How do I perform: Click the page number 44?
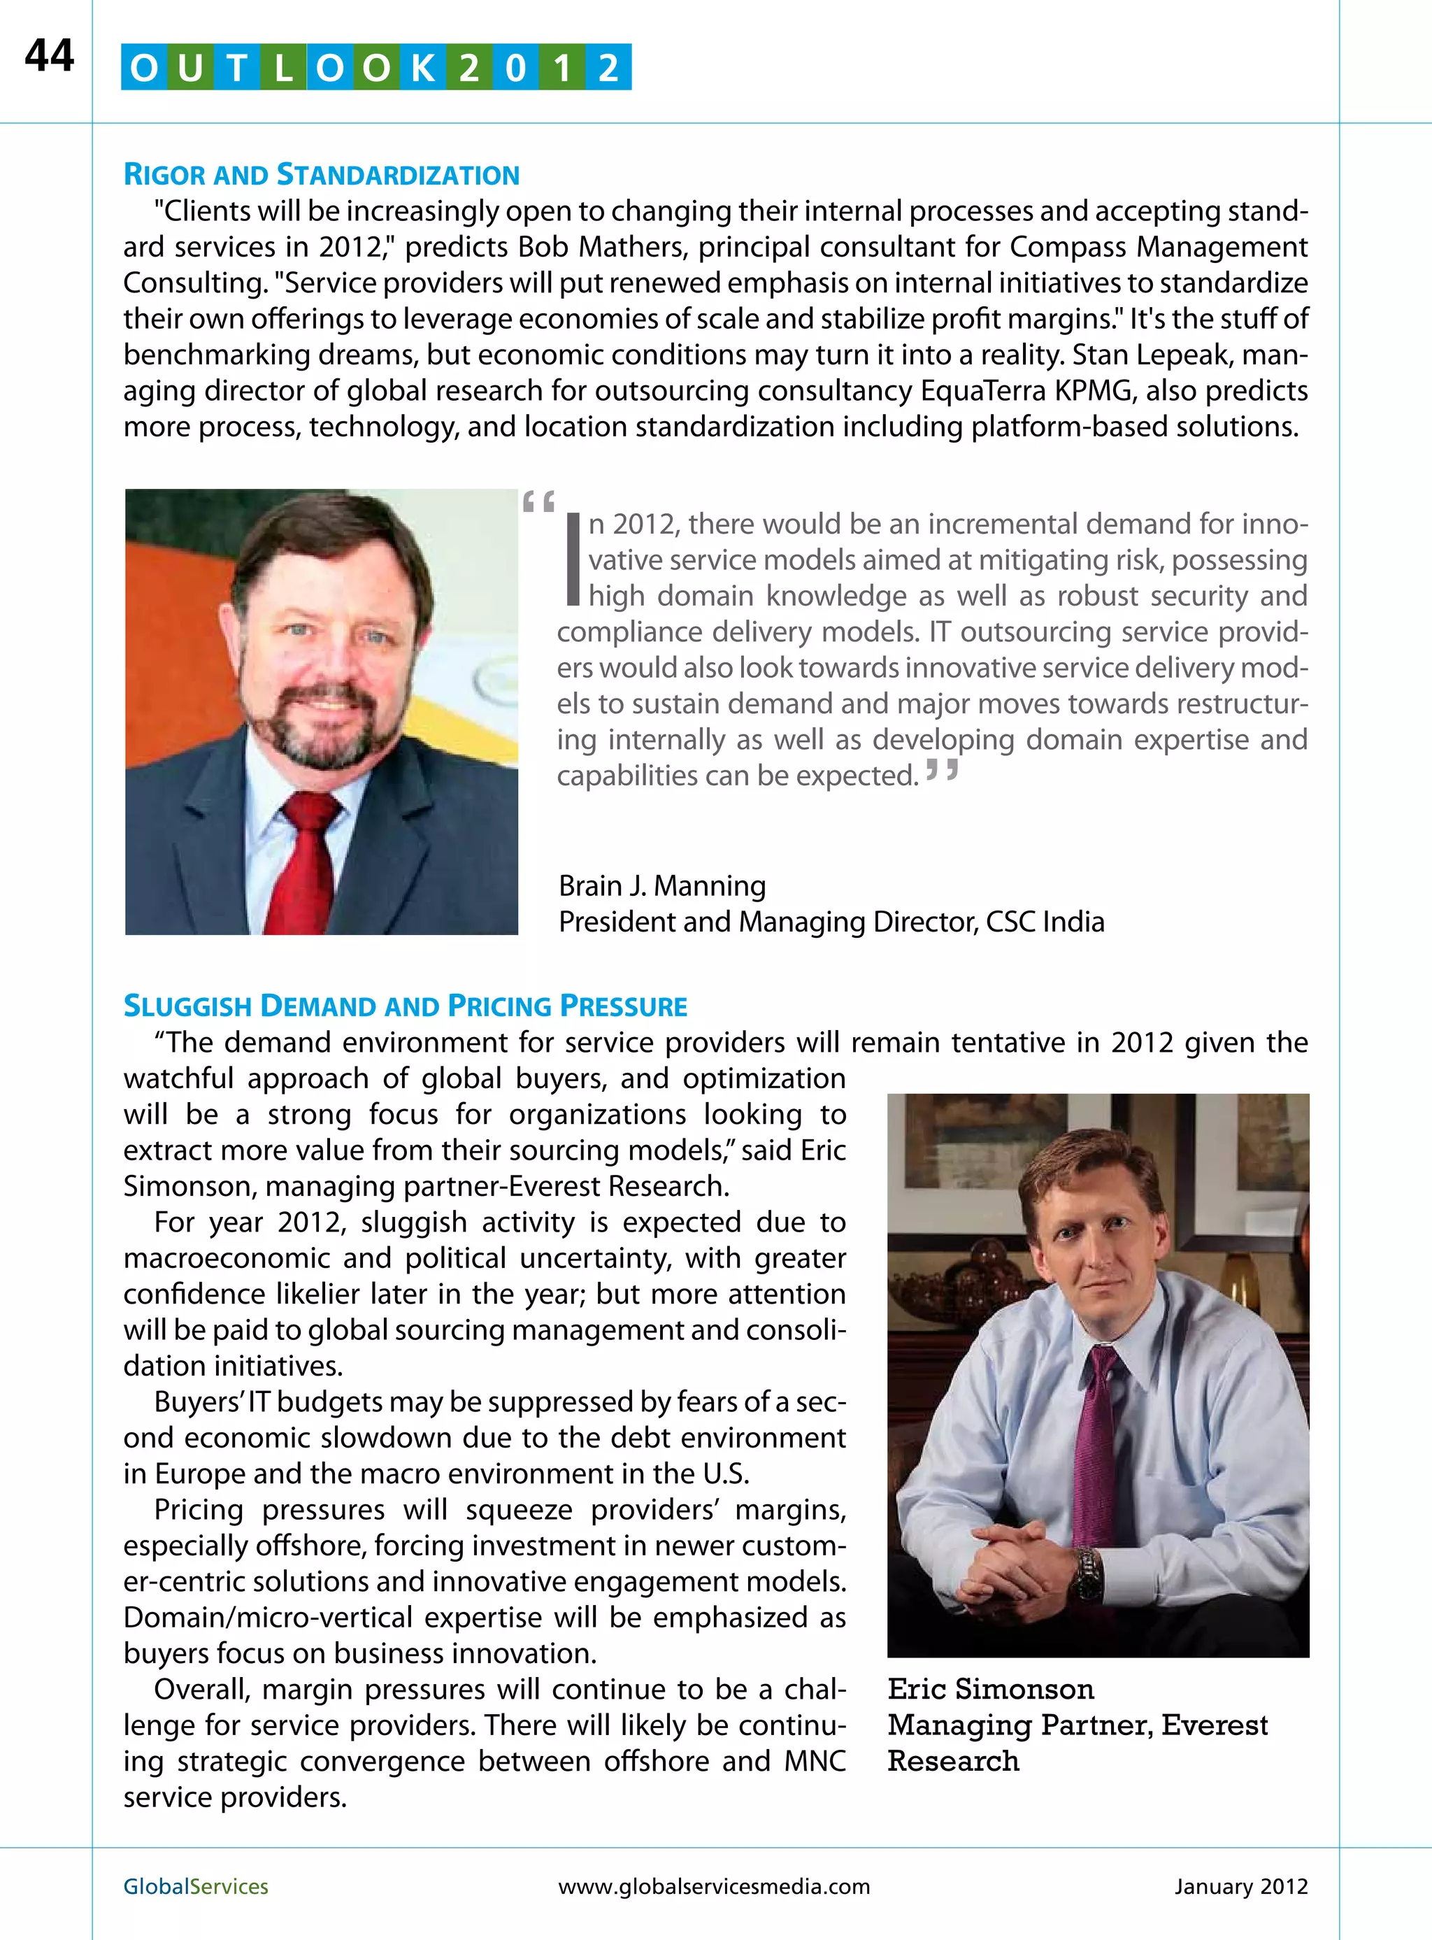pos(50,57)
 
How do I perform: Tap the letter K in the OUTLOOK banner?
pos(422,68)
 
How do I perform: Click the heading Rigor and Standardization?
pos(322,174)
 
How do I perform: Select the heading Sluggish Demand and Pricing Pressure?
pos(405,1006)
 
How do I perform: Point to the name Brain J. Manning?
pos(662,885)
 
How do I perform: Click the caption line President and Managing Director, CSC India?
pos(831,922)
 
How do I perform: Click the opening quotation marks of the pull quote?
pos(538,502)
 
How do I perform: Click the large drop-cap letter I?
pos(571,559)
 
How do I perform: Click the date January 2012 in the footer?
pos(1240,1886)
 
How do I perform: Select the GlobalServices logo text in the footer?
pos(196,1886)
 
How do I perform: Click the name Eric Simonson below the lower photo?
pos(991,1689)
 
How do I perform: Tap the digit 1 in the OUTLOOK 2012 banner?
pos(561,68)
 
